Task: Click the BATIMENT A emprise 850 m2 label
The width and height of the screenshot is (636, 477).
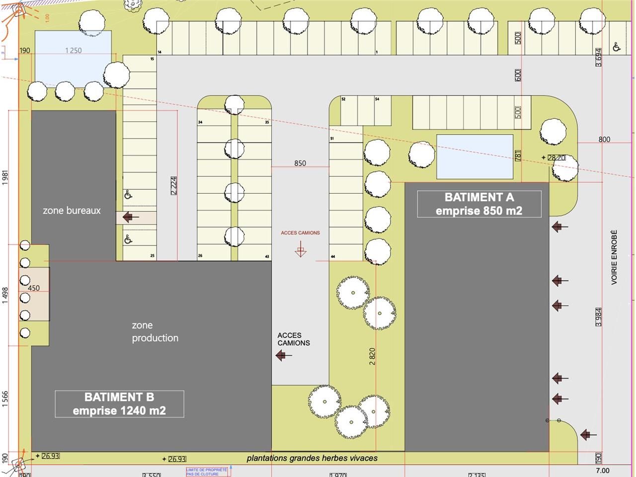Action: (x=479, y=204)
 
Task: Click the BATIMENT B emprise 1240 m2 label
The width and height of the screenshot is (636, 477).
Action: (x=119, y=403)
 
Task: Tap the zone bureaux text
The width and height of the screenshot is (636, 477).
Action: (x=72, y=210)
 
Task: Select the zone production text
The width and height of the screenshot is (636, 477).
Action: (x=155, y=331)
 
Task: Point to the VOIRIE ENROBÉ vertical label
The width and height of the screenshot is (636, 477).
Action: (x=614, y=257)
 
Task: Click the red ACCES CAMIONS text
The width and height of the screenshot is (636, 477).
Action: (x=300, y=233)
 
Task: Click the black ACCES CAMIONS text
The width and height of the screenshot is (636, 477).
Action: (x=294, y=339)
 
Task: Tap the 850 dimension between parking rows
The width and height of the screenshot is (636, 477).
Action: (x=300, y=163)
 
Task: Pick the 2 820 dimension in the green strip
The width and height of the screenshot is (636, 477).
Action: (x=373, y=356)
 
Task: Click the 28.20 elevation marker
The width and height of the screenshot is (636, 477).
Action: (x=556, y=158)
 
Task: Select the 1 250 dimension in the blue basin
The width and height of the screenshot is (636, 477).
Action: (x=73, y=50)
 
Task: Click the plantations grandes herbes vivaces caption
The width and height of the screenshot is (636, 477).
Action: (x=312, y=458)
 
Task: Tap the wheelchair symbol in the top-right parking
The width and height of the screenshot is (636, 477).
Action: (x=617, y=47)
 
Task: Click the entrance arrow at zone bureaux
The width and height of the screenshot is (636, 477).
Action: (x=131, y=217)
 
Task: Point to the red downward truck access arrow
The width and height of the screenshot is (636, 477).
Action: (x=300, y=251)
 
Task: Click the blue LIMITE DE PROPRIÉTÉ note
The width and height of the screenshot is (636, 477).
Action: (x=206, y=472)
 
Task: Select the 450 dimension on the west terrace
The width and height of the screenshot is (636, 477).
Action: (x=34, y=288)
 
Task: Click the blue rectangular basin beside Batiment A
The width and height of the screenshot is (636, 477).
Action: (x=475, y=157)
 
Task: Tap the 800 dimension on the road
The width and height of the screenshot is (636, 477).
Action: (x=604, y=139)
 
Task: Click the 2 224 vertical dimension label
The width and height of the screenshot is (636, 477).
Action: (x=173, y=185)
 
